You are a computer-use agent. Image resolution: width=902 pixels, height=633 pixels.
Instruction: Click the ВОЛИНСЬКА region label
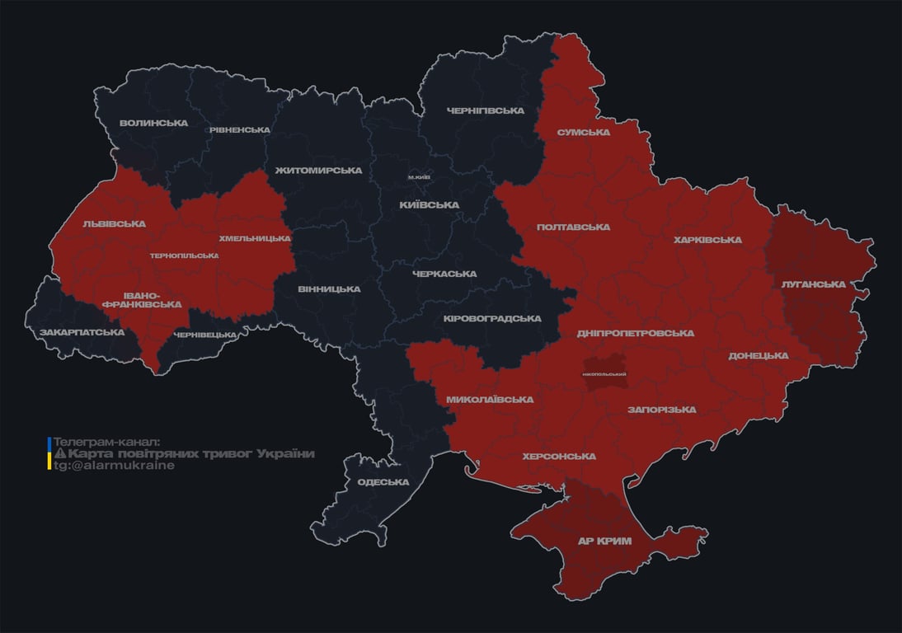coord(153,124)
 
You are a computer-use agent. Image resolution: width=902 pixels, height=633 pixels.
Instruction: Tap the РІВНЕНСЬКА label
coord(239,130)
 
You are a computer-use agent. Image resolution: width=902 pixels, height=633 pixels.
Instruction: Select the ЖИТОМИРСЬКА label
coord(318,171)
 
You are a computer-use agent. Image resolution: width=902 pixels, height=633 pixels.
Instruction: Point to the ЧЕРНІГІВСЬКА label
coord(486,110)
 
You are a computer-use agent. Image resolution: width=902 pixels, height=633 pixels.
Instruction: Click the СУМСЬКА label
coord(583,132)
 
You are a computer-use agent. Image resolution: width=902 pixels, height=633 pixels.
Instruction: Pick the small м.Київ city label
coord(419,177)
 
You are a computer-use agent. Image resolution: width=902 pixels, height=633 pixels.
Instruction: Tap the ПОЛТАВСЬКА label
coord(573,227)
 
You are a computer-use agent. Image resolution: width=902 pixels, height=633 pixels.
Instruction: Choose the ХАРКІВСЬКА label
coord(707,240)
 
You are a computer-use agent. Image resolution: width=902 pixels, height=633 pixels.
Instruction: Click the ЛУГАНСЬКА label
coord(813,284)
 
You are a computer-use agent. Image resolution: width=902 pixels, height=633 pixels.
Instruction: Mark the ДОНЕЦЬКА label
coord(759,356)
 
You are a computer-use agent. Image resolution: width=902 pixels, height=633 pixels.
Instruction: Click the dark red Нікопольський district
coord(604,373)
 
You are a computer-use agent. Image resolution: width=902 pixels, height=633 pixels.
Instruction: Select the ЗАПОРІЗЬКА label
coord(661,410)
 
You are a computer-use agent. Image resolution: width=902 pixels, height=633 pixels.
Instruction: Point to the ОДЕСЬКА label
coord(383,482)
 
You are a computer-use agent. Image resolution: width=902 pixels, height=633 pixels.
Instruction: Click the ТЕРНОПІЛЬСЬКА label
coord(184,256)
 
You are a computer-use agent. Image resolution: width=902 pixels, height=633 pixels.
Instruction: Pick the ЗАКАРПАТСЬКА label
coord(82,333)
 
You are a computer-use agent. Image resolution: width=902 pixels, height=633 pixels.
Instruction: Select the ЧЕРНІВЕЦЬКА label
coord(206,335)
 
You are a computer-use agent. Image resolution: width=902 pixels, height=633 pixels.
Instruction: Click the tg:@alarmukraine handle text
coord(115,465)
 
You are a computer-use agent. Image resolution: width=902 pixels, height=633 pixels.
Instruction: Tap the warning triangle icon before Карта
coord(59,454)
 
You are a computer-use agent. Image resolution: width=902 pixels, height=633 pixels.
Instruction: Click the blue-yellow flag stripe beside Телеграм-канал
coord(49,453)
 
